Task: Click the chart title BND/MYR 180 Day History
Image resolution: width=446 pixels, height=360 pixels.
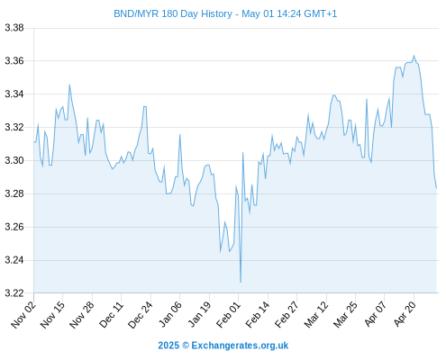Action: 173,13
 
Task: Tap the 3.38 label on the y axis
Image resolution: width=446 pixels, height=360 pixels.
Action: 14,28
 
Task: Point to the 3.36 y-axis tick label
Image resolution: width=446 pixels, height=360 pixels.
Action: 14,61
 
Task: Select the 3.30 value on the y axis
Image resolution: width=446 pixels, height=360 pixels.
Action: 14,160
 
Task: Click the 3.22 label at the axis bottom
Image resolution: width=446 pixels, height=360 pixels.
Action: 14,293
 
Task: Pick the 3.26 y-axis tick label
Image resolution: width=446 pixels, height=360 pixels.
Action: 14,227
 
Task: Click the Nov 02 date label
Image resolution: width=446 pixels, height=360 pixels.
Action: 23,314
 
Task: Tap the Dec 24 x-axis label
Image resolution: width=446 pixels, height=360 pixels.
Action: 141,314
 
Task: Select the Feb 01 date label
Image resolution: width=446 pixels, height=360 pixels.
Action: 229,314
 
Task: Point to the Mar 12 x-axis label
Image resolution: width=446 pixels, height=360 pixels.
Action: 316,314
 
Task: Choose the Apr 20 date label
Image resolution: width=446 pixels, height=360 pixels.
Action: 405,314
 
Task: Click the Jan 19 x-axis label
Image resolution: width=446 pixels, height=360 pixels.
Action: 199,314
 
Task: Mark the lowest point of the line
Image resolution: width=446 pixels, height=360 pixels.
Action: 241,282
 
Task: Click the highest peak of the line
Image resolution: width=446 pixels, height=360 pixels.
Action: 414,56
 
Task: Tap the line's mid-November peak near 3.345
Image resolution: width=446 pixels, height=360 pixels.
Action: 69,85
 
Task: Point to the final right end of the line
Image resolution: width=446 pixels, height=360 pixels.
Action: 436,188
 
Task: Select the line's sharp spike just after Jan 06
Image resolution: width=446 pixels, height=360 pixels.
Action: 180,134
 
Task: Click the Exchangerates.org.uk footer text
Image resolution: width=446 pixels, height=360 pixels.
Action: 240,346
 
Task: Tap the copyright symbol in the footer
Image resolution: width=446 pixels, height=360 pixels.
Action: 186,346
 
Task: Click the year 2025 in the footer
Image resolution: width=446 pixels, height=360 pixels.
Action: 168,346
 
